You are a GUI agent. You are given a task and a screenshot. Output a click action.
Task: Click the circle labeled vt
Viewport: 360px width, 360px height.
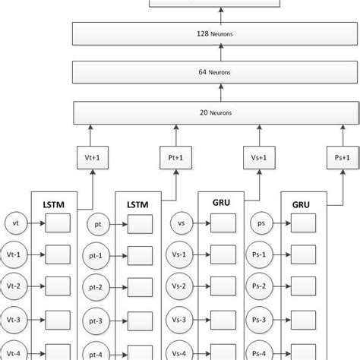pyautogui.click(x=15, y=223)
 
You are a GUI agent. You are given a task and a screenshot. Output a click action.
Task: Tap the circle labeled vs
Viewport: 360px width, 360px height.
pyautogui.click(x=181, y=223)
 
